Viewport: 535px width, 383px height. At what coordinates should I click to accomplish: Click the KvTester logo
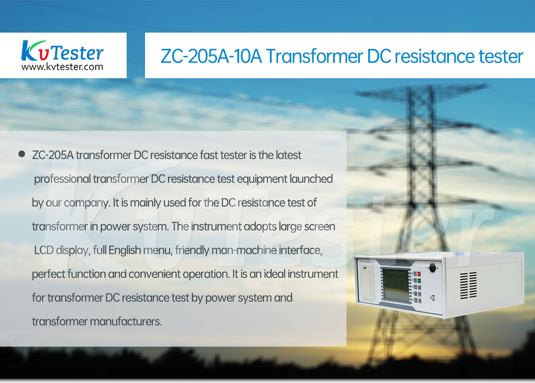(x=62, y=51)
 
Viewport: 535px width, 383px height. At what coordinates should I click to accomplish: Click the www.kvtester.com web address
(x=62, y=67)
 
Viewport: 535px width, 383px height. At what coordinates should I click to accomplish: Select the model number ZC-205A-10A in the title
(x=211, y=56)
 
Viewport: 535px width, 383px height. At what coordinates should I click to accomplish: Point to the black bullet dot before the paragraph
(x=22, y=154)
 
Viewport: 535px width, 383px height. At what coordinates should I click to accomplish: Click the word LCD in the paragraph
(x=44, y=250)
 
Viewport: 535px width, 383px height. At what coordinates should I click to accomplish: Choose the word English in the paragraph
(x=125, y=250)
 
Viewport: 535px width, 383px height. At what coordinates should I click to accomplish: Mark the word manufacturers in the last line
(x=126, y=322)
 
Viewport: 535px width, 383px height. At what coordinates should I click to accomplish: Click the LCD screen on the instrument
(x=395, y=285)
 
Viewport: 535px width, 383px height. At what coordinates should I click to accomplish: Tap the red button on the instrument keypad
(x=419, y=274)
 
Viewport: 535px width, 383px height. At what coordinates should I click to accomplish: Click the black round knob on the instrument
(x=432, y=267)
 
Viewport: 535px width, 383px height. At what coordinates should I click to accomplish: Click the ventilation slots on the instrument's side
(x=469, y=286)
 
